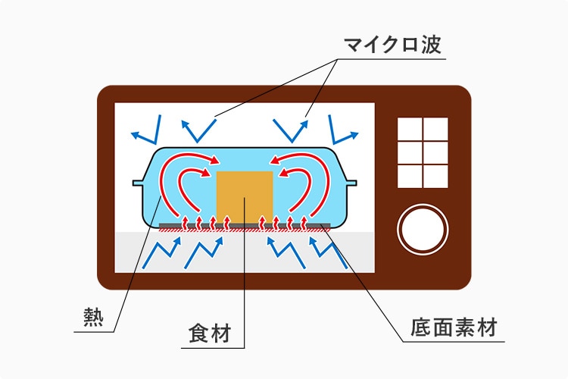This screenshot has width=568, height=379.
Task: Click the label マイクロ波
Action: point(392,45)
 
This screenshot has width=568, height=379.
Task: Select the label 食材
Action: point(208,334)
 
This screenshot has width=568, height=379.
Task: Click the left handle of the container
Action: point(139,183)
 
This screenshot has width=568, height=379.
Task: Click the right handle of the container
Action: point(350,183)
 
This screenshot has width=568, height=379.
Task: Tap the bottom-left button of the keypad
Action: point(410,177)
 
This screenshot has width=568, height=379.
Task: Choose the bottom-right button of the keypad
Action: point(435,177)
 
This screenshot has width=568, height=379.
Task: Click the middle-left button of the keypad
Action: point(410,153)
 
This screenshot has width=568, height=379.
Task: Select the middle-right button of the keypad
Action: point(435,153)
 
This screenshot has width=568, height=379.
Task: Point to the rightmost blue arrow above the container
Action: point(343,131)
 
